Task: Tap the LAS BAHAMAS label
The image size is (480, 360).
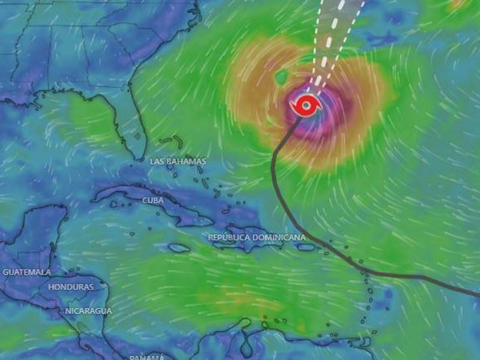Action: (x=178, y=161)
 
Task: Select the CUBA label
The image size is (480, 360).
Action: (x=153, y=200)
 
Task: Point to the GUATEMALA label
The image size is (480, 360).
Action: (x=26, y=272)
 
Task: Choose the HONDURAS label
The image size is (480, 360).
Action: (x=71, y=287)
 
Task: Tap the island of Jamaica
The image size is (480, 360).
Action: (x=179, y=248)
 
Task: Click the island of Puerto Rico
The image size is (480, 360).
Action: (x=306, y=247)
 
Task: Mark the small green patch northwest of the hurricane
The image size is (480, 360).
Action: (x=281, y=76)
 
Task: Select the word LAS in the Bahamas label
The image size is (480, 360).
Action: (x=157, y=161)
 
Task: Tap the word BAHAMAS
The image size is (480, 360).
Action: (x=187, y=161)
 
